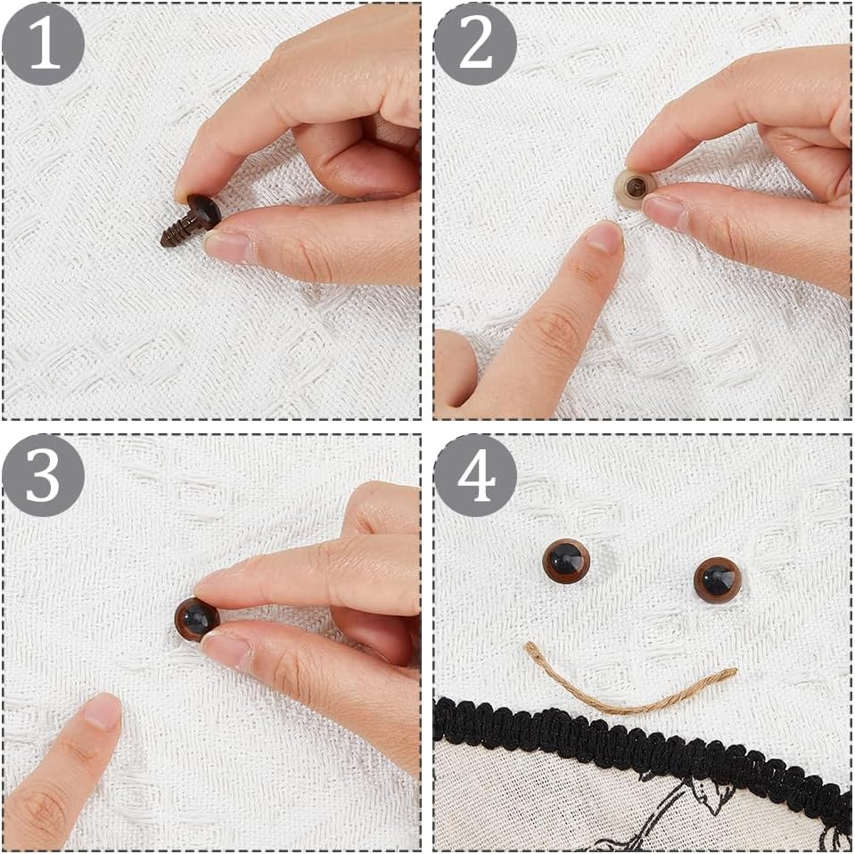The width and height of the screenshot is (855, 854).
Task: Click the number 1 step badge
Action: (x=43, y=45)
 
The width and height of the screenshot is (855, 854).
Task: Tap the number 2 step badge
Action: (x=475, y=45)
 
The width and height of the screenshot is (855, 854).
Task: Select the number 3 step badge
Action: (x=43, y=475)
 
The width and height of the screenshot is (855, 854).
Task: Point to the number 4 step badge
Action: (x=475, y=475)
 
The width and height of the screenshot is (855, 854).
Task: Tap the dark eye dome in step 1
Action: (x=204, y=212)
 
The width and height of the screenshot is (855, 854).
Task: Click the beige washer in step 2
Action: (x=632, y=187)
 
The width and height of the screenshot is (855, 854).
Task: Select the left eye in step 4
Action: (x=566, y=561)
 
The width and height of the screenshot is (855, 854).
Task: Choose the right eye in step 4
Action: (x=717, y=579)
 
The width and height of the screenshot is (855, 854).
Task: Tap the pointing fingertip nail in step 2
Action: (x=604, y=236)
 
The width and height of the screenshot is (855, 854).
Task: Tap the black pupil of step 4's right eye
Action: (x=715, y=578)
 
